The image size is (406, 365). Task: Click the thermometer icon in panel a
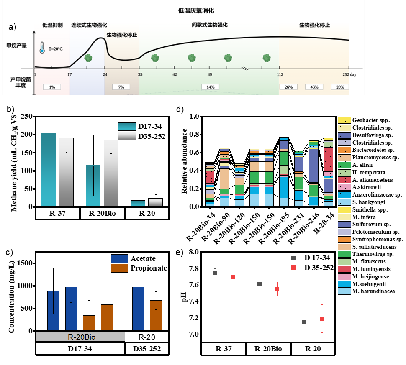[42, 48]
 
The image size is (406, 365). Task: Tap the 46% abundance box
[314, 87]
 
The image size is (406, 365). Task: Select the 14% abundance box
[210, 87]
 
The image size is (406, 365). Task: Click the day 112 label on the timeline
[280, 74]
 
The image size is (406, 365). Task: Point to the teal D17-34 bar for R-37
[49, 169]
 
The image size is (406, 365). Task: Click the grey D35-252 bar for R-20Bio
[111, 174]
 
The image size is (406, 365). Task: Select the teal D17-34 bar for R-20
[138, 203]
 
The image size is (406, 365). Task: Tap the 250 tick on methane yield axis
[27, 116]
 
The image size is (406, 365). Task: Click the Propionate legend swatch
[120, 268]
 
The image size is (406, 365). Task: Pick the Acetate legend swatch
[120, 258]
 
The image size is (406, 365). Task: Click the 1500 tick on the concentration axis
[25, 263]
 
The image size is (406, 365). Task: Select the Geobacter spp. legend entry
[364, 120]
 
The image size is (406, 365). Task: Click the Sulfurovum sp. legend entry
[364, 224]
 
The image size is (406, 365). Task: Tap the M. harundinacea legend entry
[366, 291]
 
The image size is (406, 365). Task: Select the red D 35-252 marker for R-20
[322, 319]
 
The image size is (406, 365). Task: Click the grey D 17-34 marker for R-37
[215, 273]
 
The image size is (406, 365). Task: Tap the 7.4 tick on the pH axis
[194, 301]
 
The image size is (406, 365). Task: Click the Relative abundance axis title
[184, 161]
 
